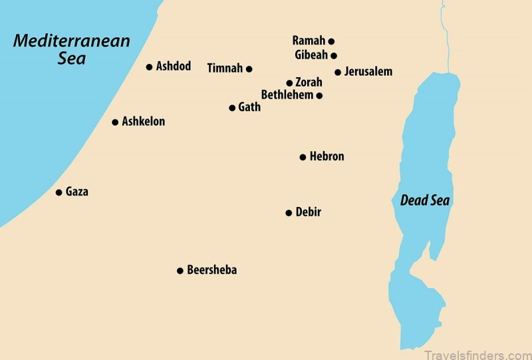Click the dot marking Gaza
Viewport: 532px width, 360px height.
click(58, 192)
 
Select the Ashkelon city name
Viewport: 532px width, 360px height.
click(143, 122)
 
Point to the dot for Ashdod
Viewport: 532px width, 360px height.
click(149, 67)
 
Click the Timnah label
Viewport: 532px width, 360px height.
click(225, 68)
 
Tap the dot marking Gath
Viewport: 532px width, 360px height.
click(232, 107)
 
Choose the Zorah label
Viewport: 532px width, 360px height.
click(309, 83)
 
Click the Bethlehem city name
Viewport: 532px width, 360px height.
click(287, 95)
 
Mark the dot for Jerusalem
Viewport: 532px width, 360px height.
click(338, 72)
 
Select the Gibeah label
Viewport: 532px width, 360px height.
click(310, 55)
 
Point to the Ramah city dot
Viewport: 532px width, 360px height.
click(331, 41)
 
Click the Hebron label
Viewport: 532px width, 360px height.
click(327, 157)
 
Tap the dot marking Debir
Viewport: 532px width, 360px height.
click(289, 213)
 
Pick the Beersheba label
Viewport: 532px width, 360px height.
click(211, 270)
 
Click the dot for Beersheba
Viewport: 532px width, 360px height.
click(180, 271)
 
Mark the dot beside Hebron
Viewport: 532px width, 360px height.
click(303, 157)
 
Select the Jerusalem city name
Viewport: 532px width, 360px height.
click(368, 71)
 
